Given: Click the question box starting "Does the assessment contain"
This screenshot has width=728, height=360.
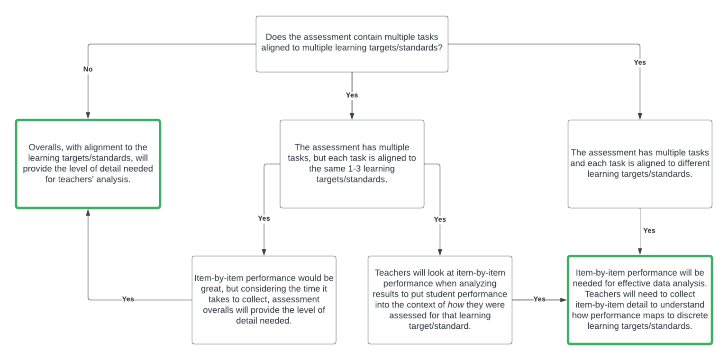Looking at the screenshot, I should point(352,44).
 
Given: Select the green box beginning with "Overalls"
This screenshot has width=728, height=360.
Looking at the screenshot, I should point(88,163).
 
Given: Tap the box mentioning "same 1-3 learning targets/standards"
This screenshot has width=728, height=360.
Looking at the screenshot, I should point(352,163).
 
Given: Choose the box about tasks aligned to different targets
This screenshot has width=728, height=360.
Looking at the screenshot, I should point(640,163).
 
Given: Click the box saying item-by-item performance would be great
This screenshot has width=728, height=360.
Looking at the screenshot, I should point(264,299).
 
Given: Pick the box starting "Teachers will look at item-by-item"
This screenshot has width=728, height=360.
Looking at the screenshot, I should point(440,299).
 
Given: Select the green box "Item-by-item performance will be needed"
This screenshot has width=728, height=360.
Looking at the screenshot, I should point(640,299).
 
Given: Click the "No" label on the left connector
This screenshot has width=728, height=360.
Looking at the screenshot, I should point(88,69).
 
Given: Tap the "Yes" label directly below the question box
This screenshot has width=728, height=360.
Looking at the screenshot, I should point(352,95).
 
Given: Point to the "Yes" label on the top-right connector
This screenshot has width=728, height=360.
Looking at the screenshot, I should point(640,62).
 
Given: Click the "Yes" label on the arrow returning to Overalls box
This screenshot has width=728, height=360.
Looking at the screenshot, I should point(128,299).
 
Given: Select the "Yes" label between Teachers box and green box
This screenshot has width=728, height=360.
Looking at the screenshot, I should point(539,299).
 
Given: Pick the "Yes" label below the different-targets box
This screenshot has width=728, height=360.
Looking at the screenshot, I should point(649,231).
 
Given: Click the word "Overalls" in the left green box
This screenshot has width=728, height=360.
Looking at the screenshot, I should point(45,148).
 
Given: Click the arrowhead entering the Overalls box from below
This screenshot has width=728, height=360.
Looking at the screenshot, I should point(88,212).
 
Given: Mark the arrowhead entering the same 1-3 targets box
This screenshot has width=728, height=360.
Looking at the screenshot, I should point(352,116).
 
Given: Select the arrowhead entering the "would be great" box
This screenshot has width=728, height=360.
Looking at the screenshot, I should point(264,252).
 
